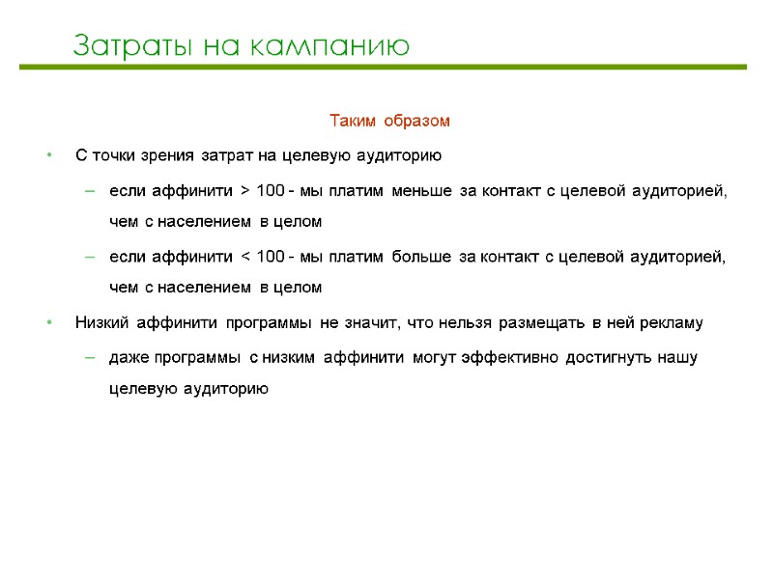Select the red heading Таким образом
point(390,122)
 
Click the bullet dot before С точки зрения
point(49,156)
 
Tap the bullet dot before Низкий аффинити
point(49,322)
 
